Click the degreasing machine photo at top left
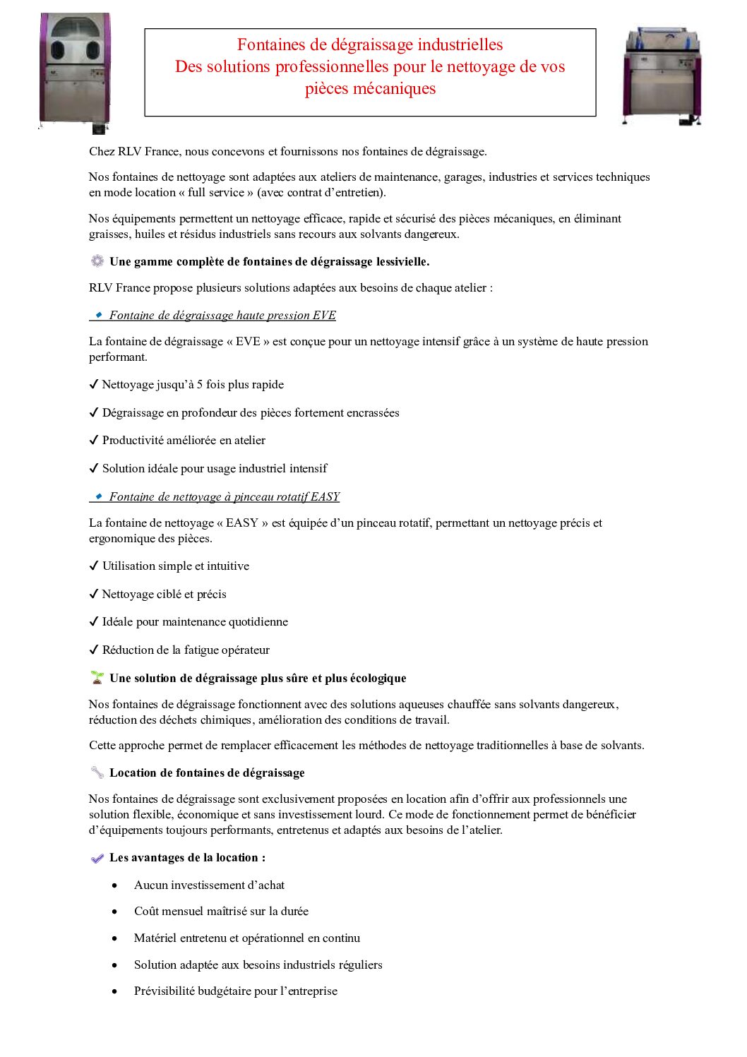pyautogui.click(x=75, y=71)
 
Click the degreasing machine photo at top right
pyautogui.click(x=662, y=76)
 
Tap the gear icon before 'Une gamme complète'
pyautogui.click(x=97, y=261)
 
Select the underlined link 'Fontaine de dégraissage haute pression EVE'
pyautogui.click(x=222, y=316)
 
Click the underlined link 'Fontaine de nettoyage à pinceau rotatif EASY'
pyautogui.click(x=225, y=497)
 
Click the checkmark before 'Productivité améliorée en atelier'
pyautogui.click(x=94, y=441)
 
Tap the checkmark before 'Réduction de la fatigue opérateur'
pyautogui.click(x=94, y=650)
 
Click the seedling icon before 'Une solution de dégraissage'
pyautogui.click(x=97, y=678)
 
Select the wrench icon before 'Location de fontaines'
pyautogui.click(x=97, y=772)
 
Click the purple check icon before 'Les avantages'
pyautogui.click(x=97, y=858)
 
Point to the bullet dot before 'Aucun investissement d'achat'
pyautogui.click(x=114, y=885)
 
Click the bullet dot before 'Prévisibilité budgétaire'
pyautogui.click(x=114, y=991)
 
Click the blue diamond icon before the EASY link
pyautogui.click(x=99, y=496)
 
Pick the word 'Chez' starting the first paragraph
pyautogui.click(x=102, y=152)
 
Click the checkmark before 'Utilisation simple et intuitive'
pyautogui.click(x=94, y=566)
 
